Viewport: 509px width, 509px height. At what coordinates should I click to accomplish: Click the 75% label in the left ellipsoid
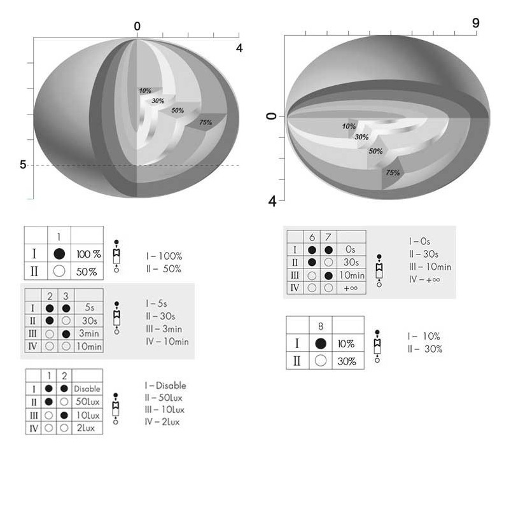pyautogui.click(x=206, y=122)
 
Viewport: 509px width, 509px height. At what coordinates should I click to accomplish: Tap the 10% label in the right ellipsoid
pyautogui.click(x=349, y=126)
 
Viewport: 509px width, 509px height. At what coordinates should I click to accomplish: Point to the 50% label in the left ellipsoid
pyautogui.click(x=178, y=110)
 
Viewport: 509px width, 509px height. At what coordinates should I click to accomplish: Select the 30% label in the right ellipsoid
pyautogui.click(x=361, y=137)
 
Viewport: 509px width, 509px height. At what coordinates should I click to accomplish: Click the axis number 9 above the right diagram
pyautogui.click(x=475, y=24)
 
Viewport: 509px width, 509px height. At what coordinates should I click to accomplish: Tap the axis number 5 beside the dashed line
pyautogui.click(x=23, y=165)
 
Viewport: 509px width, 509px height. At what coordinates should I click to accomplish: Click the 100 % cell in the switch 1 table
pyautogui.click(x=88, y=254)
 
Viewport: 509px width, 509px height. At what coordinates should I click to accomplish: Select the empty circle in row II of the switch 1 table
pyautogui.click(x=59, y=271)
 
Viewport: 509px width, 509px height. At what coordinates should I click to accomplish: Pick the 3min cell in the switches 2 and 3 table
pyautogui.click(x=89, y=333)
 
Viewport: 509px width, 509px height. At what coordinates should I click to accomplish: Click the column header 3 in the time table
pyautogui.click(x=66, y=296)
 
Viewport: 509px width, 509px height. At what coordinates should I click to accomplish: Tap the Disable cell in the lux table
pyautogui.click(x=87, y=389)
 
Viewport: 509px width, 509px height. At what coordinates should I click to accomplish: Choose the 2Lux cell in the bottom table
pyautogui.click(x=86, y=428)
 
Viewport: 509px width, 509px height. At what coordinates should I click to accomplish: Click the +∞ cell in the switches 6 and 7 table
pyautogui.click(x=351, y=288)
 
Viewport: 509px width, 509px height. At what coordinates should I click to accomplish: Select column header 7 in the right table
pyautogui.click(x=328, y=237)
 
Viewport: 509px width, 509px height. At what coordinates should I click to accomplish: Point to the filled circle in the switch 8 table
pyautogui.click(x=321, y=344)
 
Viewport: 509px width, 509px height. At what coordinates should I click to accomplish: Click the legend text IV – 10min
pyautogui.click(x=167, y=342)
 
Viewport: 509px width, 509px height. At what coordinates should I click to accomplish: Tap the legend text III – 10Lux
pyautogui.click(x=165, y=410)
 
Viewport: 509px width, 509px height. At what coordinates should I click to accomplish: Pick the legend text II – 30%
pyautogui.click(x=425, y=349)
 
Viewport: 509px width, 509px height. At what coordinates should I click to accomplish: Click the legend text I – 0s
pyautogui.click(x=419, y=242)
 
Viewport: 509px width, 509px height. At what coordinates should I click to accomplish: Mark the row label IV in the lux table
pyautogui.click(x=34, y=428)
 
